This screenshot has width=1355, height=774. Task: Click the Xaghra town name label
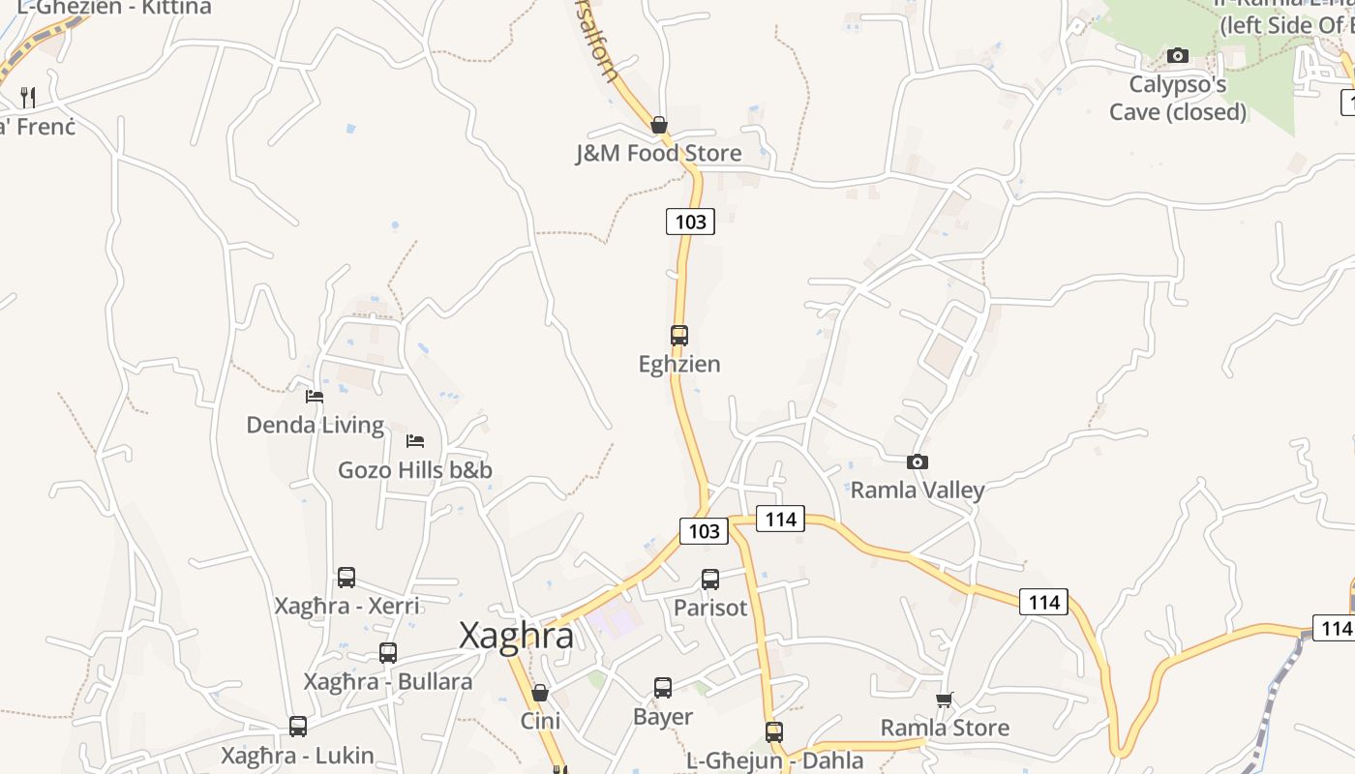[x=516, y=636]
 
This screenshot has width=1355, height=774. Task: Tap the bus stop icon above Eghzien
[x=679, y=336]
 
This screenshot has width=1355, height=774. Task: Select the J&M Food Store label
[x=658, y=153]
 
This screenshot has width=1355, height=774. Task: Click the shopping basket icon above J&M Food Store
[x=659, y=125]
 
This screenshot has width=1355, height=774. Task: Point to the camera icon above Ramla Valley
[x=917, y=462]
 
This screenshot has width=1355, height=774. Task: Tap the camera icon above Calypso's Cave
[x=1177, y=55]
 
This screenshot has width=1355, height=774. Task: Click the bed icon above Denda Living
[x=315, y=396]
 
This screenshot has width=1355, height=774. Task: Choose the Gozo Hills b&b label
[x=414, y=470]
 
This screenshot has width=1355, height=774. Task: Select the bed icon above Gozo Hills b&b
[x=415, y=441]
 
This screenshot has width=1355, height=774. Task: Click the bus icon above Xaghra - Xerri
[x=346, y=578]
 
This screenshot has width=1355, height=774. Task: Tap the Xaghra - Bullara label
[x=388, y=681]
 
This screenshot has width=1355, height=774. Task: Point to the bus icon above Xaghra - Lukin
[x=298, y=727]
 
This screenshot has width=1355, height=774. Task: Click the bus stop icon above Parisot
[x=710, y=580]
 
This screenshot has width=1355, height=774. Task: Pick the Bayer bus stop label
[x=663, y=717]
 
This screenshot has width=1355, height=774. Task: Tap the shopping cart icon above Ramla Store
[x=945, y=699]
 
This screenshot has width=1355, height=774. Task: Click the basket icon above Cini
[x=540, y=693]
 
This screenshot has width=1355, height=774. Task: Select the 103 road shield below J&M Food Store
[x=690, y=222]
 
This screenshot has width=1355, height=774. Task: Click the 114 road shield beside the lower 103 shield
[x=780, y=520]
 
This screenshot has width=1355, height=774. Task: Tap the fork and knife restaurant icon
[x=28, y=97]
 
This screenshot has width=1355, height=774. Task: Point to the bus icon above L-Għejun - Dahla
[x=774, y=732]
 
